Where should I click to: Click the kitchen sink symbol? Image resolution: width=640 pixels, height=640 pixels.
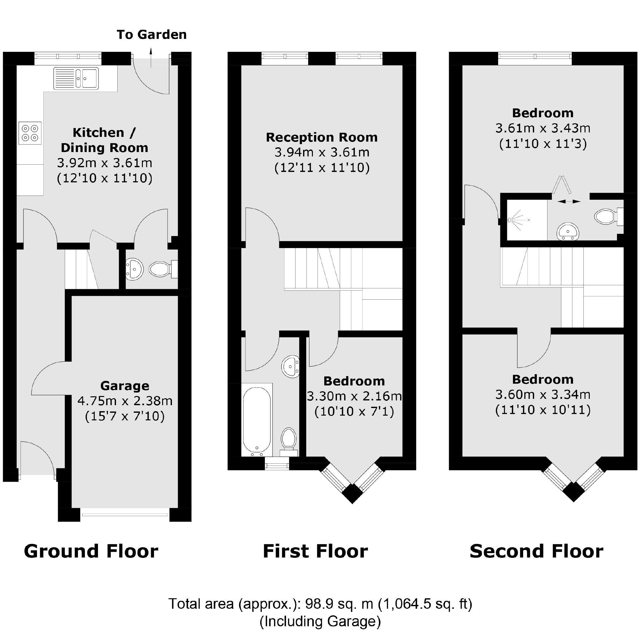pyautogui.click(x=76, y=78)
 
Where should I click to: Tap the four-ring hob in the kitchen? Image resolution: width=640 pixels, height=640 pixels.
pyautogui.click(x=30, y=133)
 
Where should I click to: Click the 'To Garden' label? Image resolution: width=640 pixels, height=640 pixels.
pyautogui.click(x=152, y=34)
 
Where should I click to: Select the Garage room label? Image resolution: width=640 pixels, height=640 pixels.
pyautogui.click(x=125, y=386)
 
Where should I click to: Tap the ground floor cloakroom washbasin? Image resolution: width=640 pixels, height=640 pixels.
pyautogui.click(x=135, y=269)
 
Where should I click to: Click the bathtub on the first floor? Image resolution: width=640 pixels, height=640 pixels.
pyautogui.click(x=257, y=420)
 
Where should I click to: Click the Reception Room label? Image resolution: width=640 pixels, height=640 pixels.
pyautogui.click(x=322, y=137)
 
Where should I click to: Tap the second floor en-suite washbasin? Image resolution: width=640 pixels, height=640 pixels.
pyautogui.click(x=568, y=231)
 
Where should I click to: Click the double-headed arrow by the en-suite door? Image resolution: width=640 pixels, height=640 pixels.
pyautogui.click(x=569, y=201)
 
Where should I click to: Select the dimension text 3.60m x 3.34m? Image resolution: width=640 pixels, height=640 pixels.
pyautogui.click(x=543, y=394)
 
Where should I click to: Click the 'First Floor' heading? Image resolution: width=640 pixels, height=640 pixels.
pyautogui.click(x=315, y=552)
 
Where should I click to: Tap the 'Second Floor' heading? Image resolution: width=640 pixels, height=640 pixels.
pyautogui.click(x=536, y=552)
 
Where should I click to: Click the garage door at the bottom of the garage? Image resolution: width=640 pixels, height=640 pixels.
pyautogui.click(x=125, y=515)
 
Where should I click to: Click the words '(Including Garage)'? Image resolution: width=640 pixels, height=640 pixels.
pyautogui.click(x=320, y=621)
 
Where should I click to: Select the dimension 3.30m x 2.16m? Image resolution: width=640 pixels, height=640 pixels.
pyautogui.click(x=354, y=396)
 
